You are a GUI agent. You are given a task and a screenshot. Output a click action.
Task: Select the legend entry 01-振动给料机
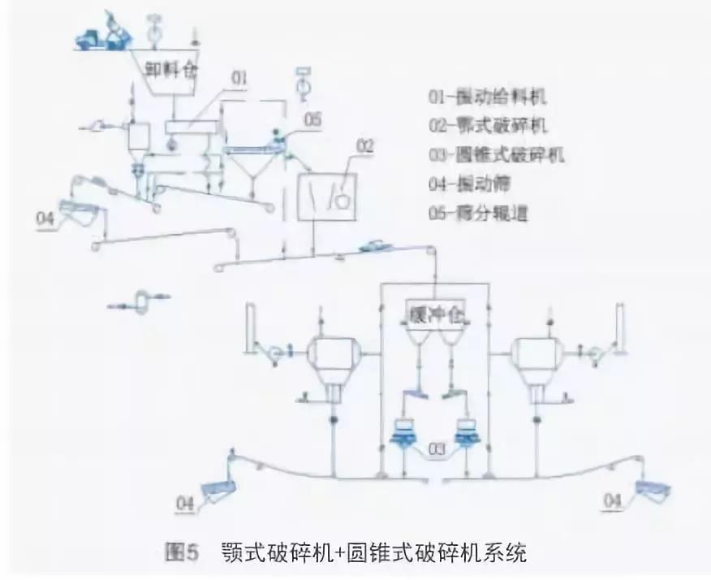tap(488, 98)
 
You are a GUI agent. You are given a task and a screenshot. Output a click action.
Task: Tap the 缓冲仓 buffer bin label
tap(433, 310)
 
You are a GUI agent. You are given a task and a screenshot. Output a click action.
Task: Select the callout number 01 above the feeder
tap(239, 79)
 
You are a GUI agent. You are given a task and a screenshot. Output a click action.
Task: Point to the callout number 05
tap(312, 119)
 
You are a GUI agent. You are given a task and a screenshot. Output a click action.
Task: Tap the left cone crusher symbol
tap(403, 431)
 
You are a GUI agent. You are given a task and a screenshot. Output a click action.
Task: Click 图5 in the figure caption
tap(182, 555)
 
